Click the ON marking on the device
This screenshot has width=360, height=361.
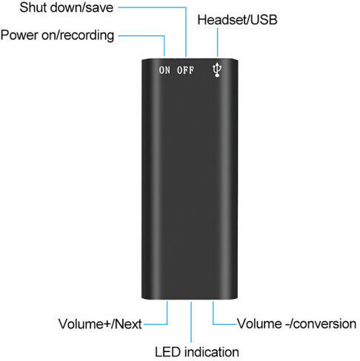click(x=164, y=70)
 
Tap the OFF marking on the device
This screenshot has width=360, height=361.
click(x=185, y=70)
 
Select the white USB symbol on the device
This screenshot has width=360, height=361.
click(x=217, y=70)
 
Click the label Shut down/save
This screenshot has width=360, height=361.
click(x=67, y=7)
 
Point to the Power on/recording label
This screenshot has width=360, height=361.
click(x=57, y=36)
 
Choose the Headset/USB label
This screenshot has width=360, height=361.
click(x=237, y=20)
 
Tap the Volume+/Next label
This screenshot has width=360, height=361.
click(x=100, y=324)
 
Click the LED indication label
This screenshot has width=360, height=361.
click(x=197, y=352)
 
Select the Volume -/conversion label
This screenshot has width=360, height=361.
click(x=296, y=324)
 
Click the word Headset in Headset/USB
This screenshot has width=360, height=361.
click(x=222, y=20)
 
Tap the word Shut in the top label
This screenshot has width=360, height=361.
click(x=31, y=7)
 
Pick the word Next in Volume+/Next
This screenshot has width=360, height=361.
click(x=128, y=324)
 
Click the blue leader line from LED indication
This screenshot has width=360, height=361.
click(x=191, y=322)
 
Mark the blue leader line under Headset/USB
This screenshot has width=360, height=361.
click(x=217, y=42)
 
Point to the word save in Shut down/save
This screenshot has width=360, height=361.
click(x=100, y=8)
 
